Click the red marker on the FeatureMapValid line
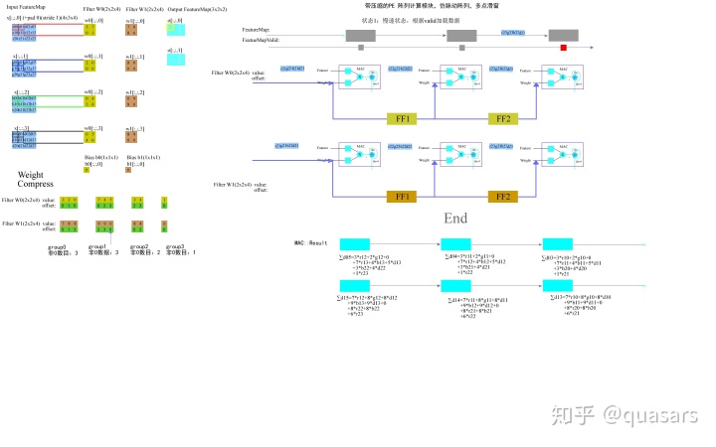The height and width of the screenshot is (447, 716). coord(563,48)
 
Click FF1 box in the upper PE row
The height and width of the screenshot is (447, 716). coord(408,117)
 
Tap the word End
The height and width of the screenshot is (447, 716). coord(455,219)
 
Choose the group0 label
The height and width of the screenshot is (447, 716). coord(58,245)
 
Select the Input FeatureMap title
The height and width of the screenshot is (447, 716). coord(26,8)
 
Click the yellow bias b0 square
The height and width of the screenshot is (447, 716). coord(87,171)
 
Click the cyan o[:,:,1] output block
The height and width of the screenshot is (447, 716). coord(175,61)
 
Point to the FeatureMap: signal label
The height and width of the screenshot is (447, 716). coord(256,30)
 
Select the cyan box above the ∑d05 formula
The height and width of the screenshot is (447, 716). coord(354,245)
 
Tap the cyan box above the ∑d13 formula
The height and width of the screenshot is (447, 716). coord(354,286)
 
